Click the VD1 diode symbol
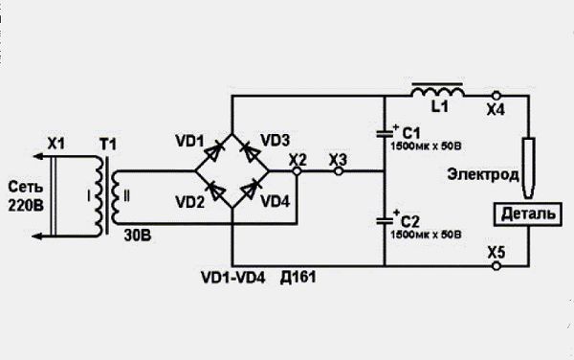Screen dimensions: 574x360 212,152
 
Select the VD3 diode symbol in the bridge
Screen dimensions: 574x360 252,151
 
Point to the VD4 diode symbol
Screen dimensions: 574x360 251,190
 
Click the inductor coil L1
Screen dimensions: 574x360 438,90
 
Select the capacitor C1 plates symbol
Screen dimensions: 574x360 385,134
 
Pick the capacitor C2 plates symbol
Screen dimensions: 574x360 385,221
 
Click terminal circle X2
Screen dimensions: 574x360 298,170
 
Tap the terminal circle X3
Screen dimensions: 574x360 339,170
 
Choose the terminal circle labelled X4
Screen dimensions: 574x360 496,96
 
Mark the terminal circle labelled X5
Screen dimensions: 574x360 496,266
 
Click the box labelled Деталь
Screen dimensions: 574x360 527,214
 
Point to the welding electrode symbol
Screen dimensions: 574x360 528,169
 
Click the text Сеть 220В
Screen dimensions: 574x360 26,196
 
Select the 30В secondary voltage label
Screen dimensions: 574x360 137,236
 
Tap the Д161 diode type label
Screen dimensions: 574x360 298,278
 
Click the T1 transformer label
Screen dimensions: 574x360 108,145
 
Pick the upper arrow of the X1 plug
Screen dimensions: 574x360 42,157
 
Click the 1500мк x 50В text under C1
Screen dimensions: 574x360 426,146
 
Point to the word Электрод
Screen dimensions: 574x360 483,174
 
